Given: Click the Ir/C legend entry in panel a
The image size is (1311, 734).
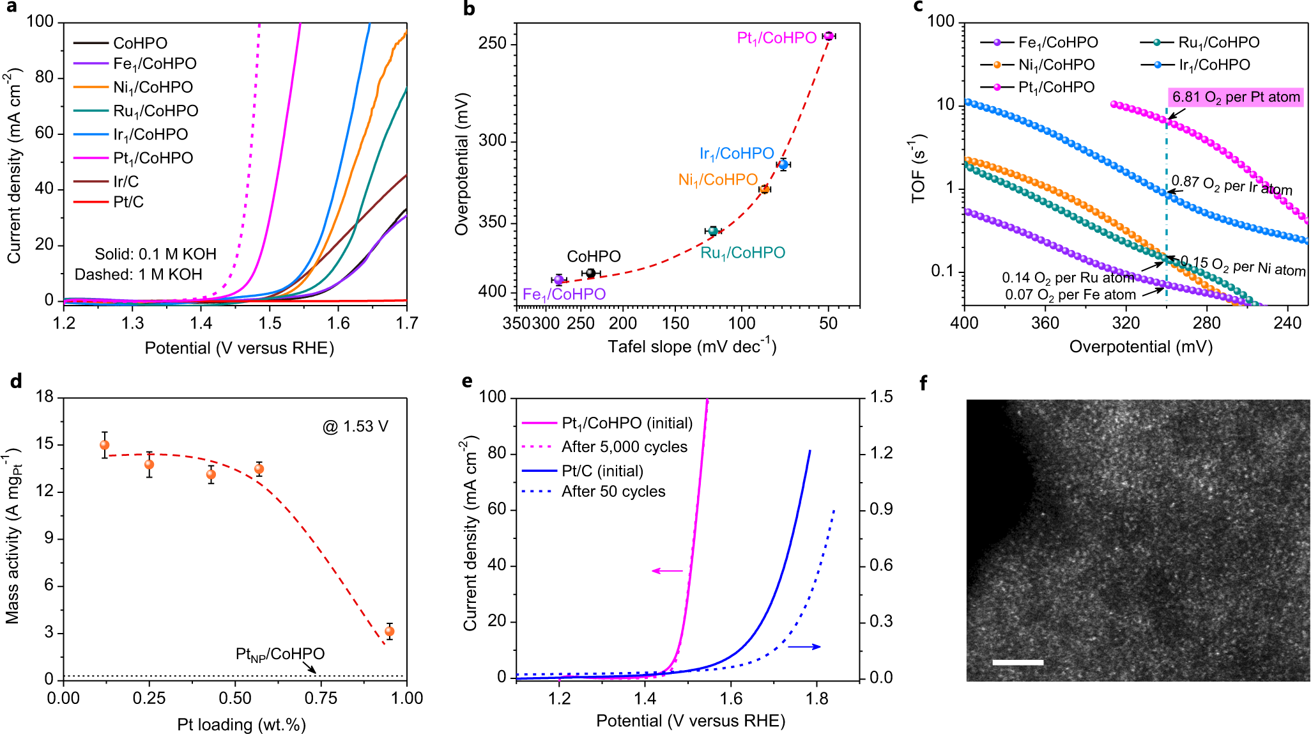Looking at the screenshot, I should point(126,182).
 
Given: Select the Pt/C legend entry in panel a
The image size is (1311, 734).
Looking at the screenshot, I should point(128,202).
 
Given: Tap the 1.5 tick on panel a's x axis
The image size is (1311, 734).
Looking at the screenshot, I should point(270,323).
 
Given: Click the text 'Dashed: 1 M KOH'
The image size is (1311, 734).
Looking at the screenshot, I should point(138,274).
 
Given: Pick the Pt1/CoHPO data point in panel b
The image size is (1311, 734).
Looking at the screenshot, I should point(828,36).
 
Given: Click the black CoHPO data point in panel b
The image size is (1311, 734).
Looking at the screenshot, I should point(590,274).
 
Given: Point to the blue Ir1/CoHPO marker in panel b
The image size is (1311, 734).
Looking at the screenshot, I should point(783,165).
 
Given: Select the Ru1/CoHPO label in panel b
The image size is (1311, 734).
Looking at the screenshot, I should point(742,253).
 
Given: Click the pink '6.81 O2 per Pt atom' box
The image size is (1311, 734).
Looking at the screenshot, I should point(1236,97).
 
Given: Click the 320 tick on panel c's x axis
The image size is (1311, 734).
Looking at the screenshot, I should point(1126,323).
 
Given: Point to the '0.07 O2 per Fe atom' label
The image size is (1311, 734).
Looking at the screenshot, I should point(1070,295).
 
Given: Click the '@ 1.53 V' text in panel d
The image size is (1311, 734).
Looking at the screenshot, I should point(355,426).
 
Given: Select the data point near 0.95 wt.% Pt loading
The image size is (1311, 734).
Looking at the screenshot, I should point(389,632).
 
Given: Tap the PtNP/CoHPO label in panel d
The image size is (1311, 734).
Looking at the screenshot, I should point(280,654).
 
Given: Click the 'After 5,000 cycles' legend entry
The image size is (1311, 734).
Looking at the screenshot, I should point(624,447).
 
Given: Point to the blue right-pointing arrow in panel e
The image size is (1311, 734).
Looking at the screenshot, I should point(804,647).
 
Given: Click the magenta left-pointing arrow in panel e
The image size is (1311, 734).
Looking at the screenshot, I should point(667,570).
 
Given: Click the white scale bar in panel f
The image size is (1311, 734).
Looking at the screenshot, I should point(1018,662).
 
